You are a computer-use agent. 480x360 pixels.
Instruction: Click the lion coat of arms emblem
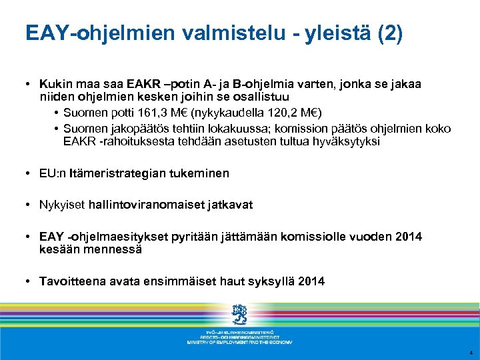click(239, 315)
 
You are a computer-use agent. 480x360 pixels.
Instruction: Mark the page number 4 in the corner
click(471, 353)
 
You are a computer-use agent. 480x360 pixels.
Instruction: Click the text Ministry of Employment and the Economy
click(239, 341)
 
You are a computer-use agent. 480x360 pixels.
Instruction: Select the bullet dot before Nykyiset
click(31, 205)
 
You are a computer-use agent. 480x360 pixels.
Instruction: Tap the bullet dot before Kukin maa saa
click(31, 85)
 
